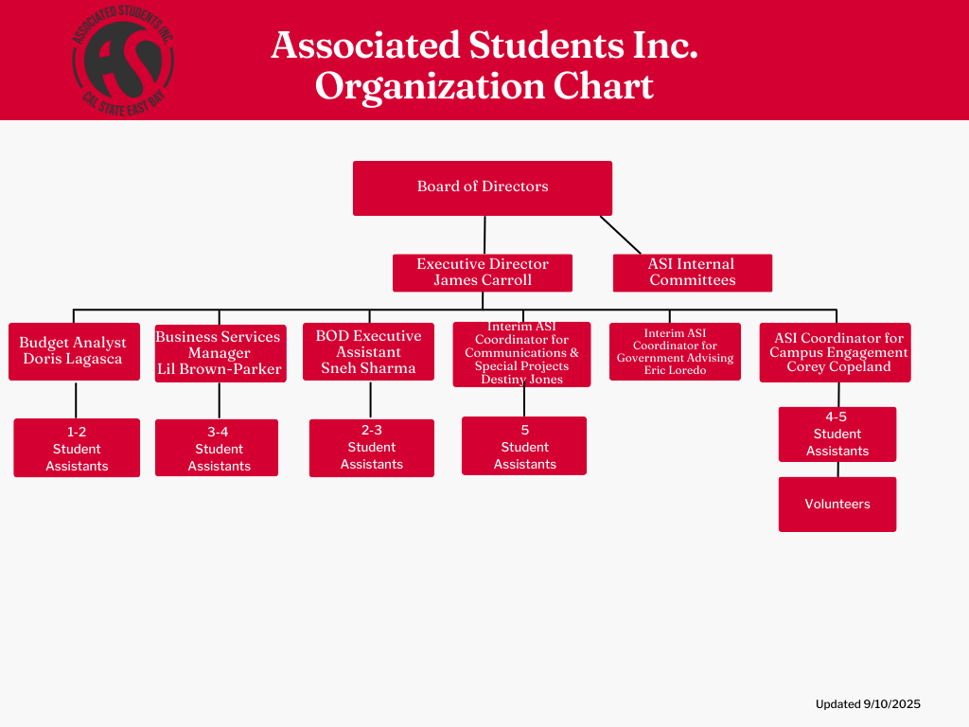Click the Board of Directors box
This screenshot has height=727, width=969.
click(x=483, y=187)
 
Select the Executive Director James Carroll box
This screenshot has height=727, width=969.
click(x=483, y=273)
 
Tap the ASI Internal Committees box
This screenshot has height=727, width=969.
click(x=692, y=273)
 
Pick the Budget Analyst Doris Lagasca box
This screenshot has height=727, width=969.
click(x=74, y=351)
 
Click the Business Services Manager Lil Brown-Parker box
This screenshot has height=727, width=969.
click(x=219, y=353)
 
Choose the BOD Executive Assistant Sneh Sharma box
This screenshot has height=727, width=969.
click(x=368, y=352)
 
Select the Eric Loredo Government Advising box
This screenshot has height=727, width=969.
click(x=675, y=352)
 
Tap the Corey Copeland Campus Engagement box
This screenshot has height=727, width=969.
click(x=835, y=352)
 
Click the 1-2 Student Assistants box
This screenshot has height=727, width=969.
click(x=77, y=448)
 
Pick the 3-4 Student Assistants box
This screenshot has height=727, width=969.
click(x=217, y=448)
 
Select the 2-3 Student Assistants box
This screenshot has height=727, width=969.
click(x=372, y=448)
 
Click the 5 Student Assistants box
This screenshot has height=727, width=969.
click(x=524, y=446)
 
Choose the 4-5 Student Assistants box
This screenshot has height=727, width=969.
click(x=837, y=434)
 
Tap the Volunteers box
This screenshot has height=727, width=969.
click(x=837, y=505)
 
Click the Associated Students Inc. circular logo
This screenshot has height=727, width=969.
click(x=123, y=59)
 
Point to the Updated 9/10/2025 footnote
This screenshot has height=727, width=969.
click(x=868, y=704)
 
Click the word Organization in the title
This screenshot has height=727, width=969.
click(x=430, y=86)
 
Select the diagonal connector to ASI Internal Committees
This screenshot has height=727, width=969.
click(x=620, y=235)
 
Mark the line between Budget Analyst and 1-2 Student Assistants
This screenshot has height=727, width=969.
click(x=76, y=399)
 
